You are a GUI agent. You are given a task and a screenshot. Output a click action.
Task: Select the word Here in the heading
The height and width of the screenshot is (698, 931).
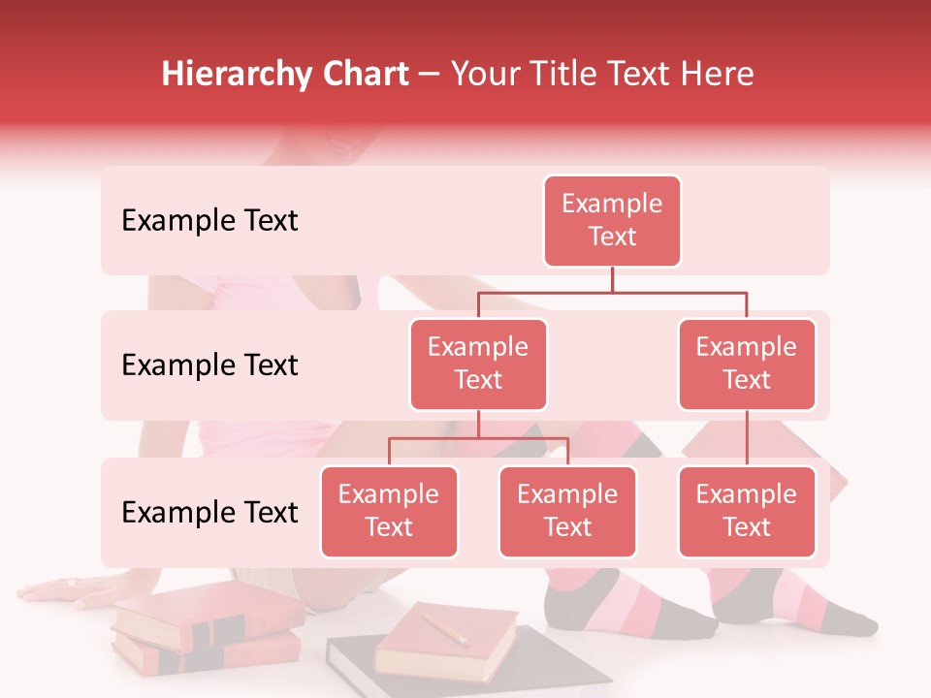717,75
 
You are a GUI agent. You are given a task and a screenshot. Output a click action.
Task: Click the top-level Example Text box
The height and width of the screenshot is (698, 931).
612,221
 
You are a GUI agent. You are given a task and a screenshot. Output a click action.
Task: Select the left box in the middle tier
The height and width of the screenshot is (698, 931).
478,365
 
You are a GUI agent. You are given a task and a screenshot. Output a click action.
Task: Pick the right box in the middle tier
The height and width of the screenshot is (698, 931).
747,365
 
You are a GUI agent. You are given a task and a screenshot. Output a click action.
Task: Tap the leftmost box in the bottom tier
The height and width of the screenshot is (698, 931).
389,512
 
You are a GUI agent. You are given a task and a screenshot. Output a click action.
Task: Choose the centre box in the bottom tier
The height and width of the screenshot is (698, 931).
567,512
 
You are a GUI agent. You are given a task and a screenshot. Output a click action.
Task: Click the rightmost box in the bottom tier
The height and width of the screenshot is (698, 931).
747,512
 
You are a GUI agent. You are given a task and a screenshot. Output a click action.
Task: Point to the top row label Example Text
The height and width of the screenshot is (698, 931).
209,221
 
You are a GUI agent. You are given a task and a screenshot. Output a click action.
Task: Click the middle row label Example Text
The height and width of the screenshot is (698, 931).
209,365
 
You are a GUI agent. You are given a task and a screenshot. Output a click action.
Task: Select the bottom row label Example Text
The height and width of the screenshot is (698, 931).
209,512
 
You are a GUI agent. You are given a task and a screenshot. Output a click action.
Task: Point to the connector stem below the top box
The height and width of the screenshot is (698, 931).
612,279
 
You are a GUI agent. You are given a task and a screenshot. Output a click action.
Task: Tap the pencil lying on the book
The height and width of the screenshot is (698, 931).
443,627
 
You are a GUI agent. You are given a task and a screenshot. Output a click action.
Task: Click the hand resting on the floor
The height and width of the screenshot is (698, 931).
68,591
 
